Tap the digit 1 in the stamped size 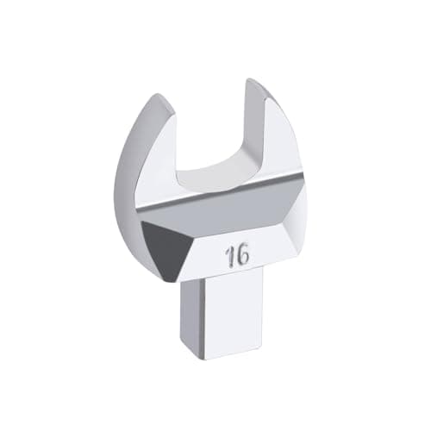point(229,257)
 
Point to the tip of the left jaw point(159,95)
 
